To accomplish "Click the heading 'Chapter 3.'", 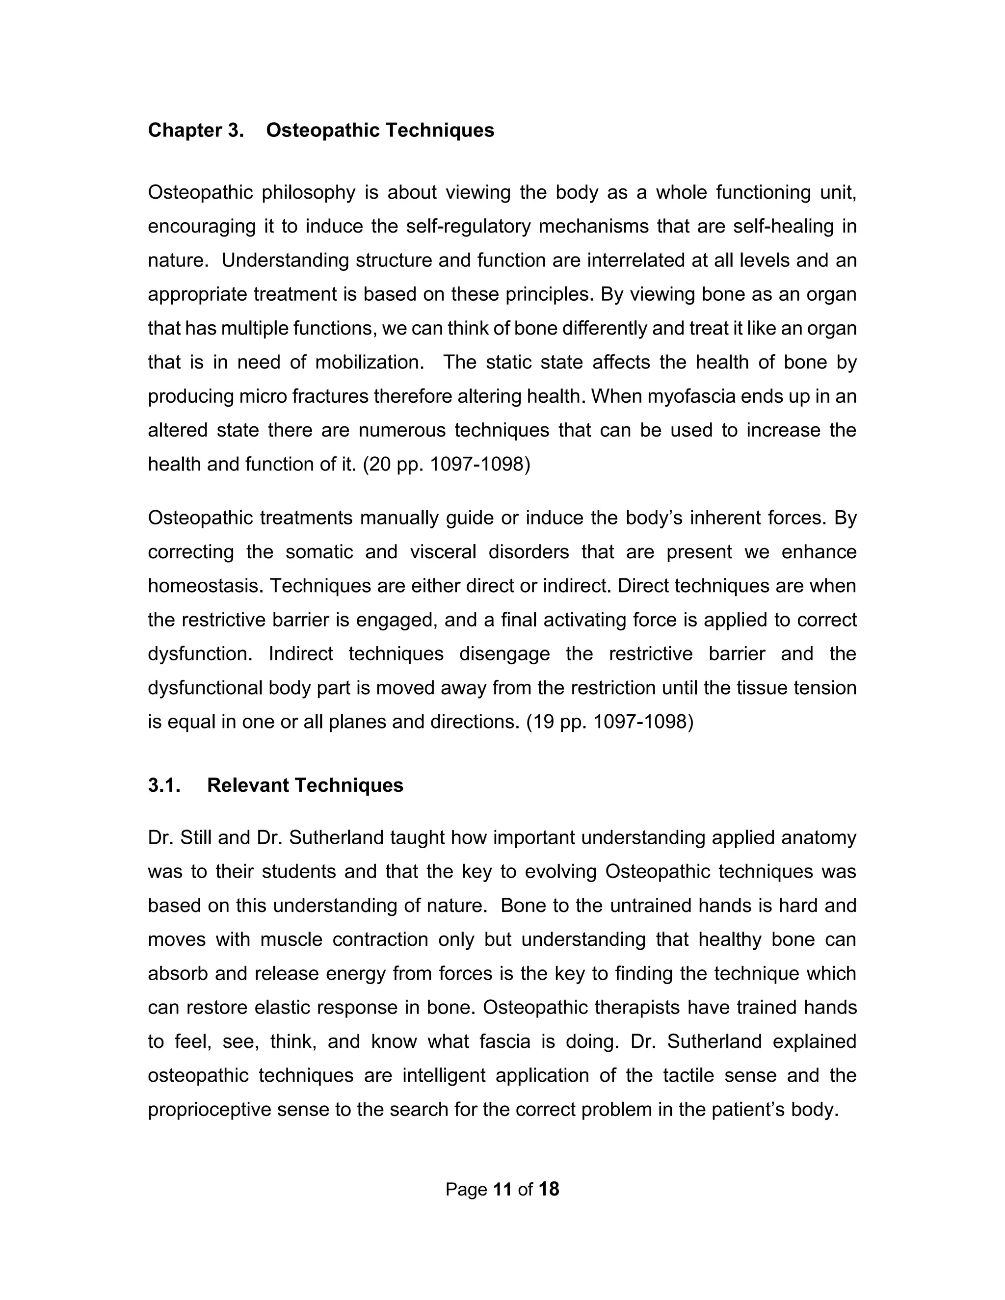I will coord(196,130).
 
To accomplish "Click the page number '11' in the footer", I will coord(502,1189).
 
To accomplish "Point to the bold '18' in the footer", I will coord(548,1189).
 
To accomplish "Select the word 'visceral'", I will coord(443,552).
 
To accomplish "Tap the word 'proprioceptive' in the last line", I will coord(210,1110).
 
